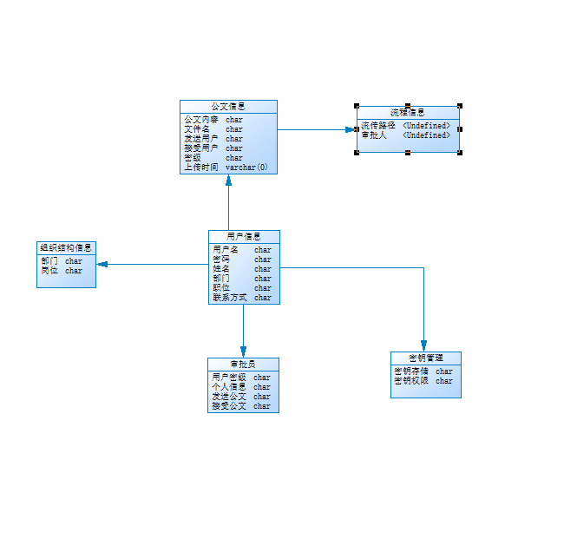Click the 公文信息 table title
228,107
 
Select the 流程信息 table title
407,113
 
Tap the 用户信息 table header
244,236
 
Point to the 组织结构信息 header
66,247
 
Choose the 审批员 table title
243,364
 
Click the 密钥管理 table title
425,358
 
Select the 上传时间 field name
201,168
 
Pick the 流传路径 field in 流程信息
378,126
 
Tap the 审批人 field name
374,135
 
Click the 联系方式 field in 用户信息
230,298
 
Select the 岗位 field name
49,271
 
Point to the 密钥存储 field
411,371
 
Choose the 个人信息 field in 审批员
228,387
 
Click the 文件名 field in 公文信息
197,129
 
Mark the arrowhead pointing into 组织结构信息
101,263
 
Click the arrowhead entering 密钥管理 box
423,345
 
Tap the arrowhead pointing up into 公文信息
229,180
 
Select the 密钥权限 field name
411,381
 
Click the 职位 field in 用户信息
221,288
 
